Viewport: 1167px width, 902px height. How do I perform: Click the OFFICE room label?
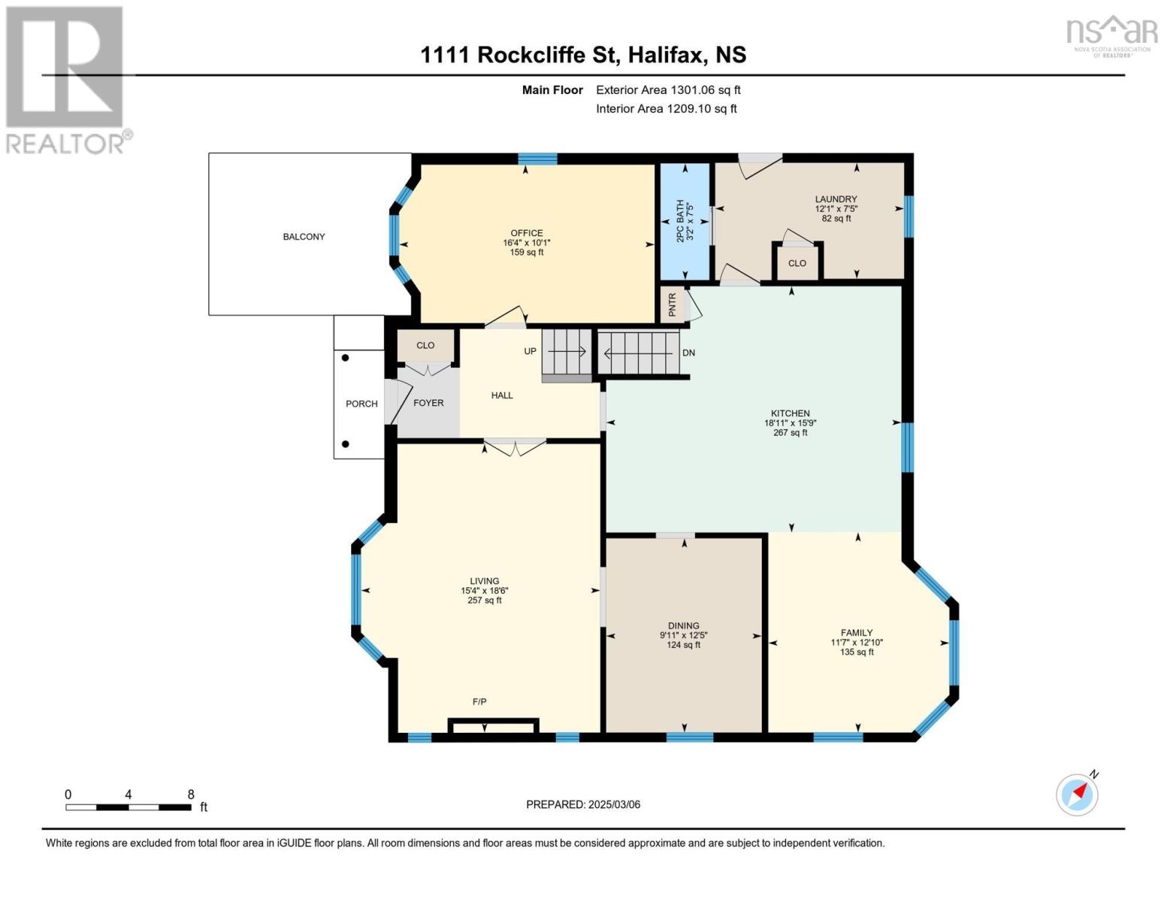(526, 233)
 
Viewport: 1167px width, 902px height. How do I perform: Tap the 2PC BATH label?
(680, 221)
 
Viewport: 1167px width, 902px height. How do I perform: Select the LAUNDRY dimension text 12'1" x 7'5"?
(836, 208)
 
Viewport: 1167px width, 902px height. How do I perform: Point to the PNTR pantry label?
(673, 304)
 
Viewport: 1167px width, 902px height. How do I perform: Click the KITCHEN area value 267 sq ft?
(790, 432)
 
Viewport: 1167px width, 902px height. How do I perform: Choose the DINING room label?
(684, 626)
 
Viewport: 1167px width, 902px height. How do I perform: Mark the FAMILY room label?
(857, 633)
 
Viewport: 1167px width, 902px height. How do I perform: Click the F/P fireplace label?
(479, 701)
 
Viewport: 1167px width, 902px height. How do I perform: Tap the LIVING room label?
(485, 581)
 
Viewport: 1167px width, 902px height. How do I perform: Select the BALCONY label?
(304, 236)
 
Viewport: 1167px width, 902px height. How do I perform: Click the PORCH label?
(361, 404)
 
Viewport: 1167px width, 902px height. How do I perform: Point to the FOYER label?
(428, 402)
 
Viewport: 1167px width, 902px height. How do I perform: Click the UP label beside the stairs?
(530, 351)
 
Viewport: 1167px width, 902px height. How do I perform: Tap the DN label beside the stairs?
(688, 353)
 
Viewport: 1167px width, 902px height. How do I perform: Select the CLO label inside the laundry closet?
(797, 263)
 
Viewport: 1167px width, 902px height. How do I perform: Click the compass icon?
(1078, 795)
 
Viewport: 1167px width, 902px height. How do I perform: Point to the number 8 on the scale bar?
(191, 794)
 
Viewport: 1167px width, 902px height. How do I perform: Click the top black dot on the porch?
(346, 358)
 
